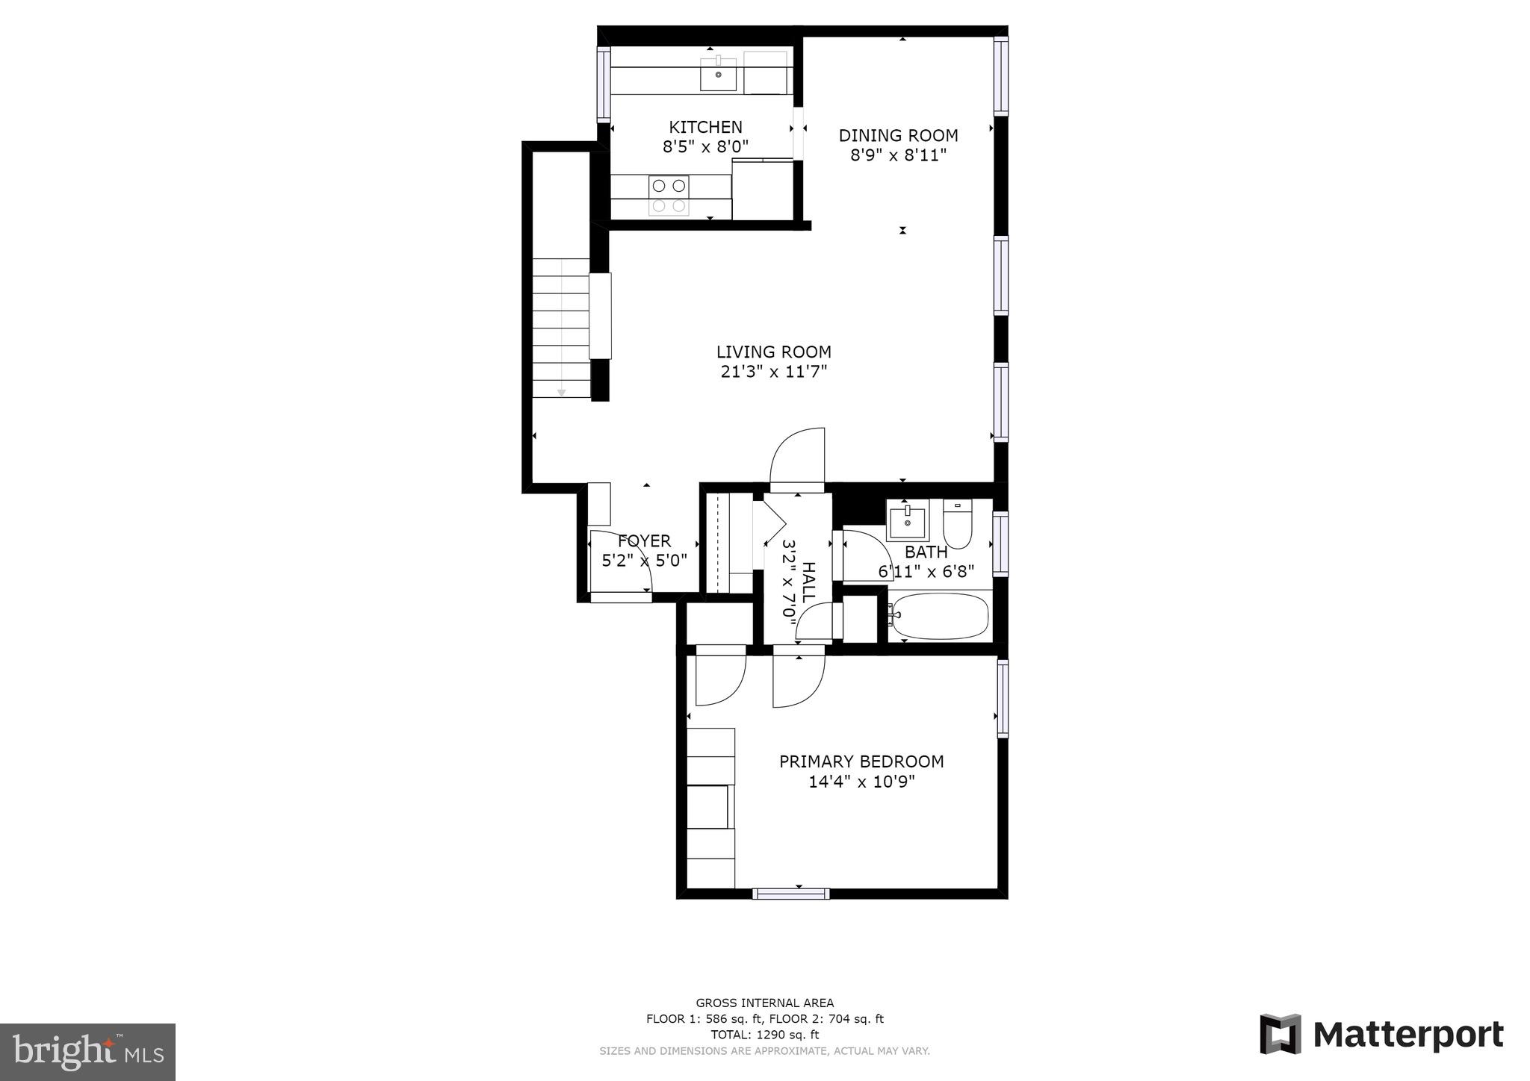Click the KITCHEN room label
coord(705,127)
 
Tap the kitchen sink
coord(718,75)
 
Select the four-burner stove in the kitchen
coord(669,196)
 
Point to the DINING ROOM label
coord(898,136)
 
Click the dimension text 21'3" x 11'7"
coord(773,372)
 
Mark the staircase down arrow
coord(561,392)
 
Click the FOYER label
coord(644,540)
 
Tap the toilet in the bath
coord(957,526)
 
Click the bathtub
coord(940,616)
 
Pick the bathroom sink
coord(908,520)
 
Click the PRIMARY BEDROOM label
coord(861,761)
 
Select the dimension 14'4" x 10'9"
coord(861,782)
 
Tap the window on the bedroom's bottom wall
coord(790,894)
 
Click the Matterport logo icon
coord(1280,1034)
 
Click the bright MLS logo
coord(87,1052)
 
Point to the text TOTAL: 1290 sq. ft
coord(764,1035)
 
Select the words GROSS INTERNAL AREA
coord(764,1003)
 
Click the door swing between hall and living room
coord(798,457)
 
